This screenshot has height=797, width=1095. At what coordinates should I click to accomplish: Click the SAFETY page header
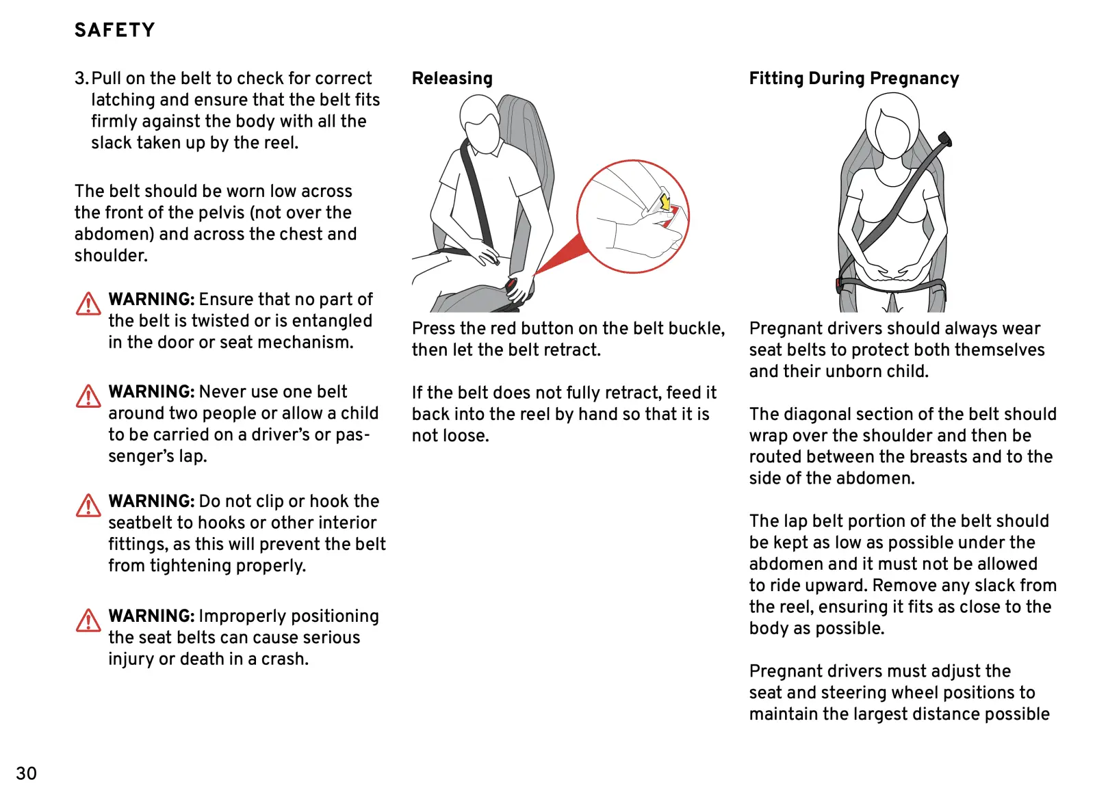click(x=114, y=30)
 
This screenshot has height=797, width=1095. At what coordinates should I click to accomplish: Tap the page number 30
click(x=26, y=773)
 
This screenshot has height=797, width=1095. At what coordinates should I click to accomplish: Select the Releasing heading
click(x=452, y=79)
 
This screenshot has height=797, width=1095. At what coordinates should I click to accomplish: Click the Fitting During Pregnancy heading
click(x=853, y=79)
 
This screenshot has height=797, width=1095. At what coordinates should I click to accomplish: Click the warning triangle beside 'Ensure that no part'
click(x=88, y=304)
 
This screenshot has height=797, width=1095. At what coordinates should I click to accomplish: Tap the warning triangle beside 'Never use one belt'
click(x=88, y=396)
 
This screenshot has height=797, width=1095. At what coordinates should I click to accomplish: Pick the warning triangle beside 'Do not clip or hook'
click(x=88, y=506)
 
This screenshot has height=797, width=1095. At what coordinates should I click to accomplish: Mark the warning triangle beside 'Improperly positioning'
click(x=88, y=620)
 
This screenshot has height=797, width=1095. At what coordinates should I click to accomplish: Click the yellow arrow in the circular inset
click(x=664, y=202)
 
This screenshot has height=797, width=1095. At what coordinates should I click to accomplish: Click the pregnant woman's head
click(x=892, y=125)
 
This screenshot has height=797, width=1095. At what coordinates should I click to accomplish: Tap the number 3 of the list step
click(x=80, y=79)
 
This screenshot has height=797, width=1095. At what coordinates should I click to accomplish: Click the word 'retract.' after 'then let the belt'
click(x=571, y=350)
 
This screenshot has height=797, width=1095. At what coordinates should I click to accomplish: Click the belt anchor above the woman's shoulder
click(x=944, y=140)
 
